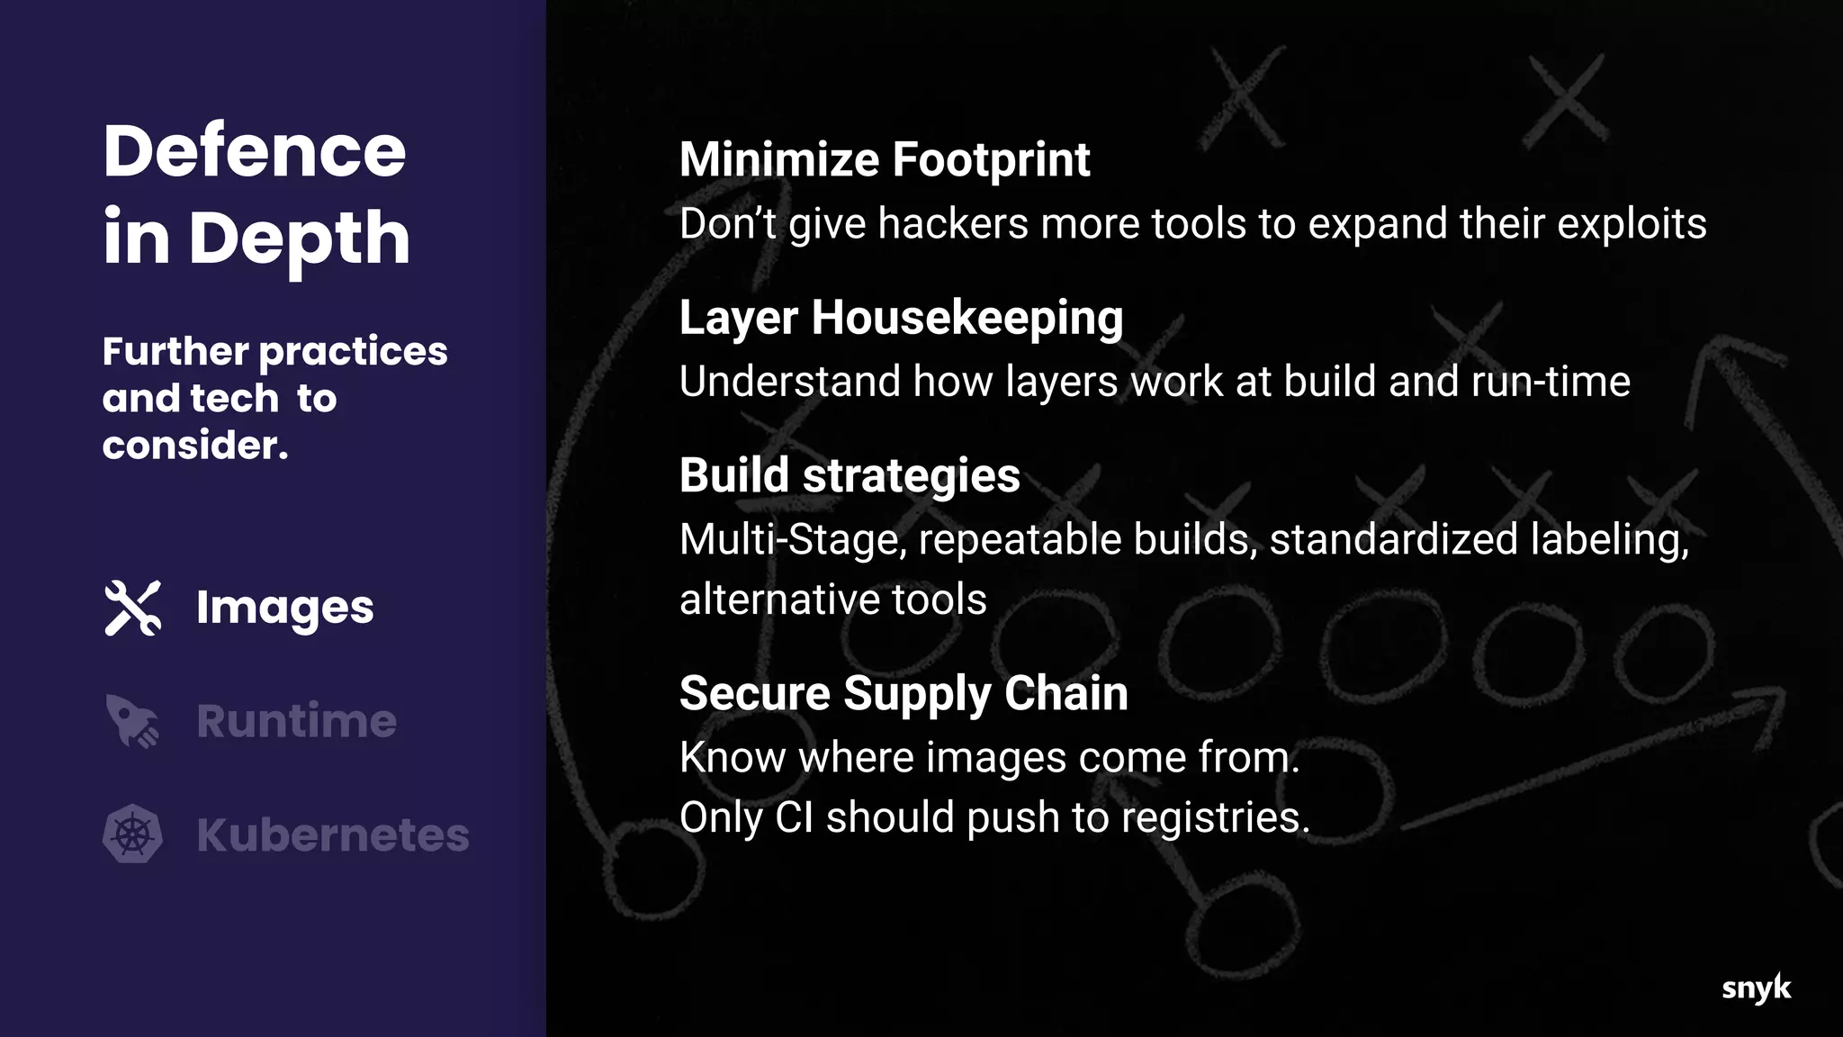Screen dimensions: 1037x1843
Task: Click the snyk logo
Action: tap(1756, 987)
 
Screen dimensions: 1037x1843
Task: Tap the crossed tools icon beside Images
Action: tap(133, 608)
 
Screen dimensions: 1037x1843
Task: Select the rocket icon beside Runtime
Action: tap(132, 721)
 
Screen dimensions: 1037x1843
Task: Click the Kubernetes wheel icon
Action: tap(133, 834)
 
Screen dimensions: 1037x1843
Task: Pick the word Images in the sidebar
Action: tap(284, 608)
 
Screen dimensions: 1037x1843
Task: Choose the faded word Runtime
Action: tap(296, 721)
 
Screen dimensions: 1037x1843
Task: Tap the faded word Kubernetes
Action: tap(332, 834)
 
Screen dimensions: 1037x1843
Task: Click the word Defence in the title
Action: tap(255, 150)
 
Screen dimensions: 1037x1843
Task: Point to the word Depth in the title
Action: tap(300, 238)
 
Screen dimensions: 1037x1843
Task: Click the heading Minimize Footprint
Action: tap(884, 160)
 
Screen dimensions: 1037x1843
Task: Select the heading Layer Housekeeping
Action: tap(901, 318)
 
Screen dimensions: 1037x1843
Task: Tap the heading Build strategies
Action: tap(850, 475)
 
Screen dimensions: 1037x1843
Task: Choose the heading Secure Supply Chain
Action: tap(904, 693)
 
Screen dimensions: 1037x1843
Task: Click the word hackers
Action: tap(953, 224)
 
